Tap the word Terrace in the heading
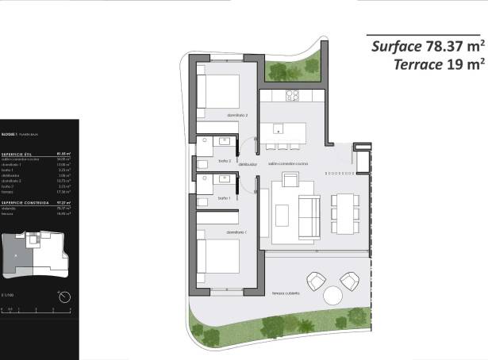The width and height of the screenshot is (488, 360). (x=417, y=64)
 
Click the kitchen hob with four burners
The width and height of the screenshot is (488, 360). (x=291, y=96)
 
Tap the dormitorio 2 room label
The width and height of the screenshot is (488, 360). (x=237, y=116)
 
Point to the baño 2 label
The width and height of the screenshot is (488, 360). (x=224, y=159)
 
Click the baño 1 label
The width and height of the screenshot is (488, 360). (x=224, y=197)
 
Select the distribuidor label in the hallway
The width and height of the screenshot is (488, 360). (x=249, y=165)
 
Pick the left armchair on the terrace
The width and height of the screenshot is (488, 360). (x=317, y=280)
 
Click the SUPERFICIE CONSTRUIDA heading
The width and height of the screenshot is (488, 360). (x=21, y=202)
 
